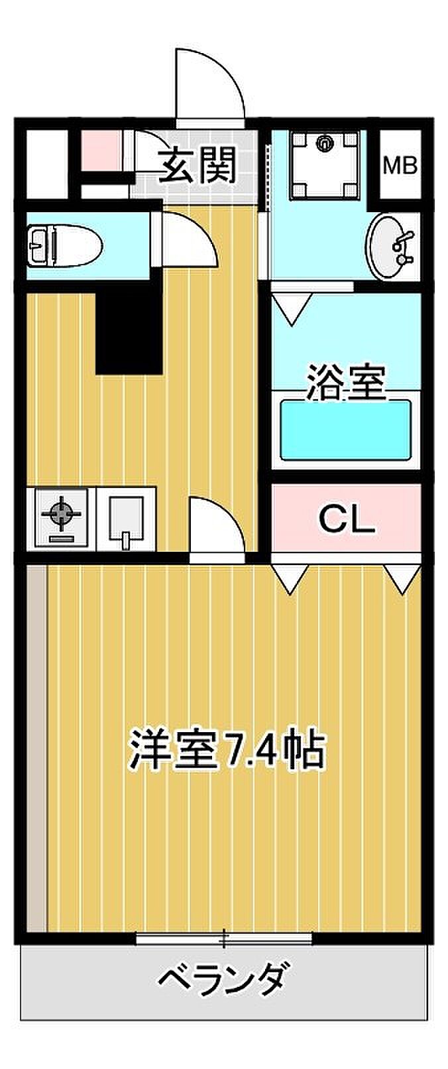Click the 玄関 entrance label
[x=197, y=165]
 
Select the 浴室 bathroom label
[x=346, y=382]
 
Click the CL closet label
[x=347, y=519]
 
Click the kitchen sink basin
[x=127, y=519]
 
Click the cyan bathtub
[x=346, y=430]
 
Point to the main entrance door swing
[x=210, y=88]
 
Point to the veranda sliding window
[x=224, y=938]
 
